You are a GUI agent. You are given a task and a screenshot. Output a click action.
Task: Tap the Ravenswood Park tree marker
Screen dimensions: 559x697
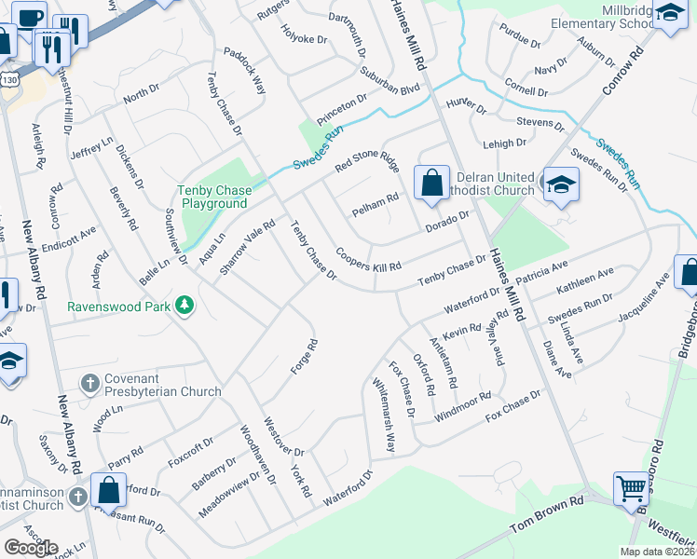click(185, 306)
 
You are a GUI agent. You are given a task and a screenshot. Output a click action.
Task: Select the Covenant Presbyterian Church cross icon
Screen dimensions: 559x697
click(90, 383)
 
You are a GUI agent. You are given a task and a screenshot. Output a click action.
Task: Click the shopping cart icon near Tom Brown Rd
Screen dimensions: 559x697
click(631, 487)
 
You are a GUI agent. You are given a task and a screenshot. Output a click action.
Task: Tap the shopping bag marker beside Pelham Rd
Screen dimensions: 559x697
click(431, 182)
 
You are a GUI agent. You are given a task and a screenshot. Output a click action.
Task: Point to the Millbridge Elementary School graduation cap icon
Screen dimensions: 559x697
click(669, 14)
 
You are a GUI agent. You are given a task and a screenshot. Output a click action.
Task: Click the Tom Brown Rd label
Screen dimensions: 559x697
click(546, 527)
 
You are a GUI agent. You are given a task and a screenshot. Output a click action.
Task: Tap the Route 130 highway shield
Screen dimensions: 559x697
click(8, 80)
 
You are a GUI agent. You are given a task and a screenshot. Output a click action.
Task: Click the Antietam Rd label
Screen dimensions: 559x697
click(443, 362)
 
